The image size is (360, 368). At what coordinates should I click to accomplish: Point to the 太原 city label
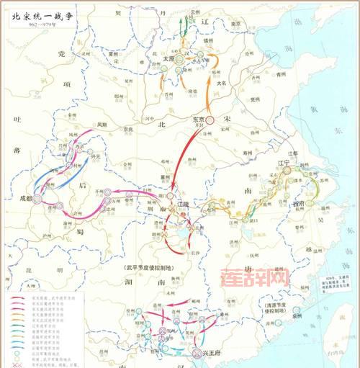coord(168,59)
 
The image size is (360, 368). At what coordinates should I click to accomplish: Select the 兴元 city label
coord(95,154)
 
